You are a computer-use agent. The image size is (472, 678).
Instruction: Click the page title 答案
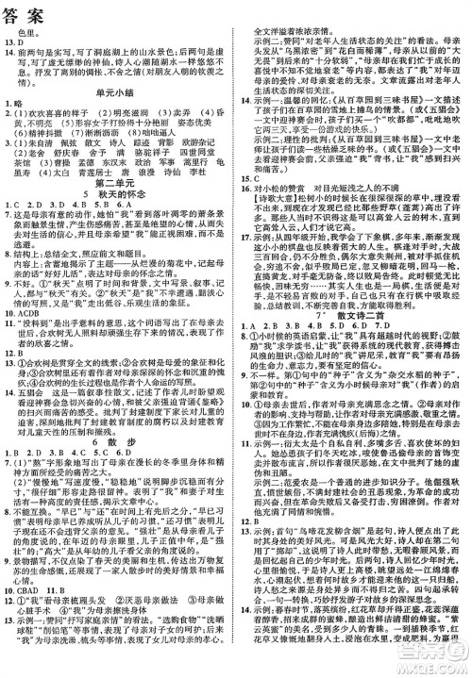coord(27,12)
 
